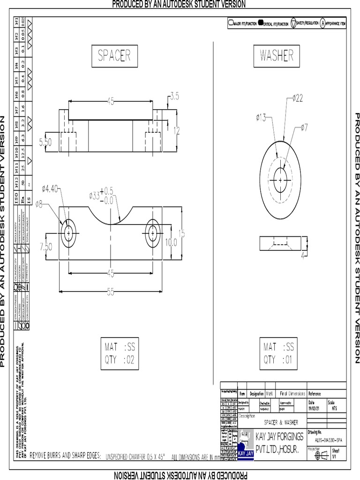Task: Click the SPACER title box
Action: pos(114,56)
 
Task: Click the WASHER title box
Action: pos(277,56)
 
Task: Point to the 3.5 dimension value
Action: pos(174,97)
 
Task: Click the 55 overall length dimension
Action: pos(111,292)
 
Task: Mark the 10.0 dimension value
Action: pos(172,242)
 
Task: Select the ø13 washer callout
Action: pos(261,118)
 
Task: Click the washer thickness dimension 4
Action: pos(303,255)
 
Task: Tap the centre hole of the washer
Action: pos(280,180)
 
